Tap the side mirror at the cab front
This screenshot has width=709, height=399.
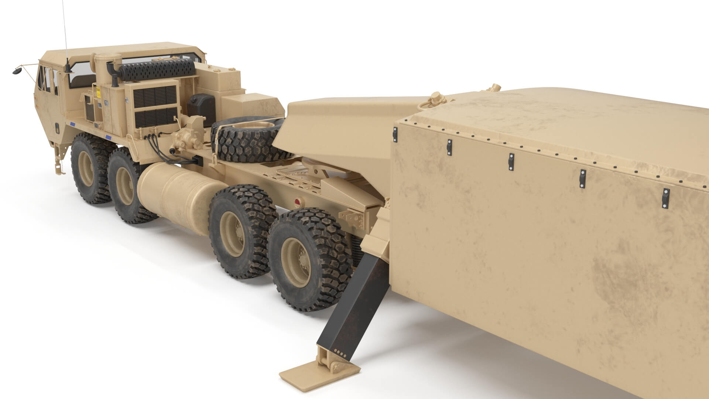(x=17, y=70)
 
